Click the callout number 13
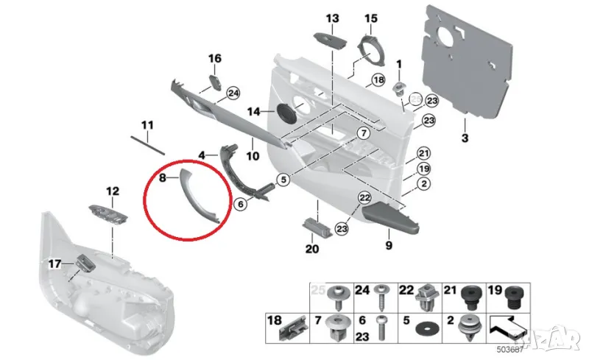pyautogui.click(x=332, y=18)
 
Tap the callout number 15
pyautogui.click(x=370, y=18)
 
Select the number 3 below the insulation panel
pyautogui.click(x=465, y=138)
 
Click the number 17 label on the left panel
pyautogui.click(x=54, y=263)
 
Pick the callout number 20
pyautogui.click(x=311, y=249)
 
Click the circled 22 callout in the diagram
pyautogui.click(x=364, y=198)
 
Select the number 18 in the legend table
pyautogui.click(x=274, y=321)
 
